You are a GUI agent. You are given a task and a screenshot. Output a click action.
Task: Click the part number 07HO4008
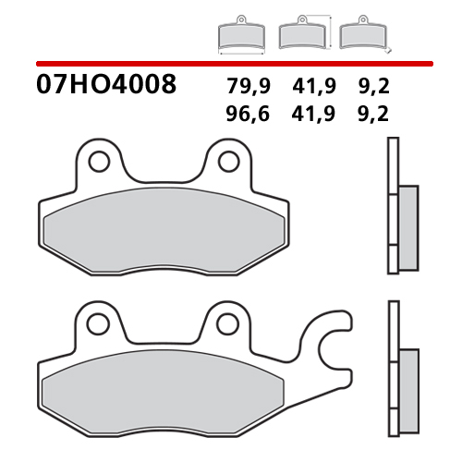pos(106,87)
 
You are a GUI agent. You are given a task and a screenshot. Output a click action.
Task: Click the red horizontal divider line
pos(231,63)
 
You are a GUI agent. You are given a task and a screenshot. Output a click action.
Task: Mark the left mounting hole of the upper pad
pos(97,163)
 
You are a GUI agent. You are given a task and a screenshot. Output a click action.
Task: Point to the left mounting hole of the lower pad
pos(97,322)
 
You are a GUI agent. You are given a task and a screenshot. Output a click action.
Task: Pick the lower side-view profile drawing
pos(397,374)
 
